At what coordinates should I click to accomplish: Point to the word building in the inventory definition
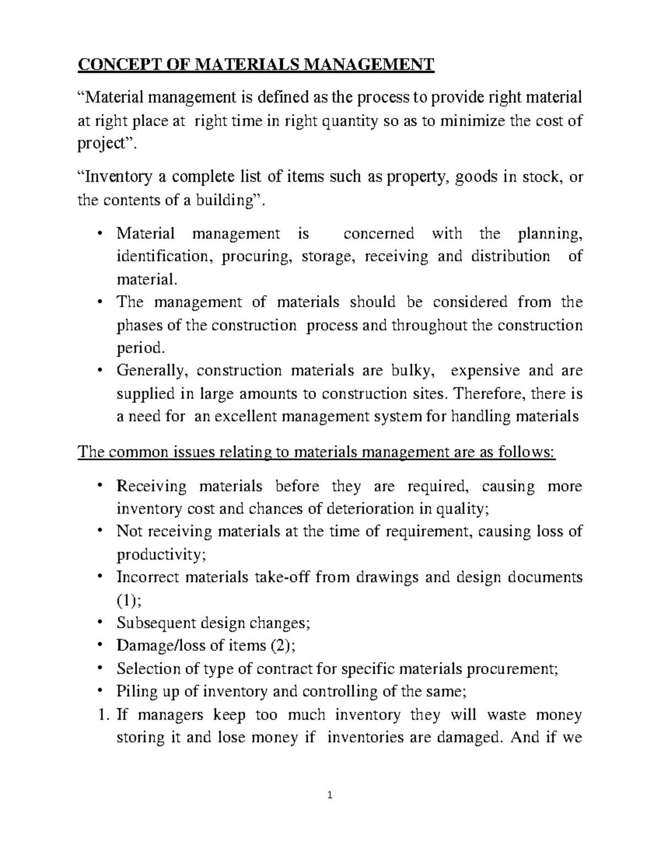pyautogui.click(x=226, y=200)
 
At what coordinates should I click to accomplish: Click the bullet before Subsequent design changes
pyautogui.click(x=99, y=623)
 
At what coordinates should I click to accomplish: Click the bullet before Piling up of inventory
pyautogui.click(x=99, y=691)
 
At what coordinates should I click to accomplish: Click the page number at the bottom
pyautogui.click(x=330, y=810)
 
